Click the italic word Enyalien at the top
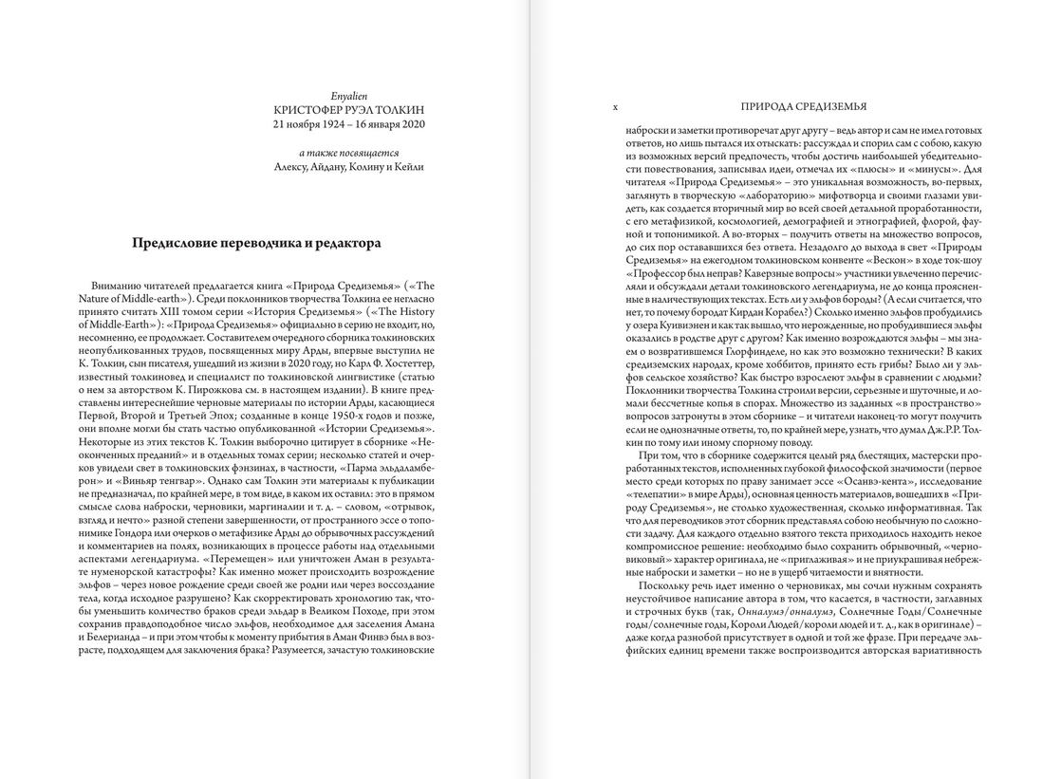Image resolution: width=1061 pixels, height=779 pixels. pyautogui.click(x=349, y=96)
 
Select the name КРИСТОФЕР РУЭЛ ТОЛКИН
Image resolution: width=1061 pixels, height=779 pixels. pyautogui.click(x=349, y=110)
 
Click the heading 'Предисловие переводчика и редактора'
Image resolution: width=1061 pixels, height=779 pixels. pyautogui.click(x=256, y=244)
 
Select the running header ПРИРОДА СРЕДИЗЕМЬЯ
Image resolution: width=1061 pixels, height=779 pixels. pyautogui.click(x=803, y=107)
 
